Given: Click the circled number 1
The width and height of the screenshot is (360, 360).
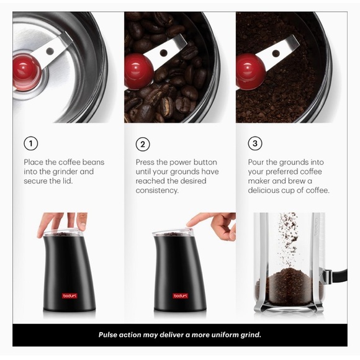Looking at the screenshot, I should point(31,144).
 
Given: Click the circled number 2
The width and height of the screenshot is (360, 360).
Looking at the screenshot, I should point(143,144).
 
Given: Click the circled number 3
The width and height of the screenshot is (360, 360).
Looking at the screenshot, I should point(254,144).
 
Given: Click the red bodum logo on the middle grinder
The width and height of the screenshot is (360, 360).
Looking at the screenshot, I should point(181,295).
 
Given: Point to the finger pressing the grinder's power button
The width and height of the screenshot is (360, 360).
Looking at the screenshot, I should point(197,220).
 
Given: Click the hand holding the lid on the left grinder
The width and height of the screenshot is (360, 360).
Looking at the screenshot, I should point(62,222).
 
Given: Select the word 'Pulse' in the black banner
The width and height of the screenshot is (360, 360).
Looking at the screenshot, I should point(110,335).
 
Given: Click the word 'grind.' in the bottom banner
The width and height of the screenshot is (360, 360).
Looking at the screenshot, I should point(250,335).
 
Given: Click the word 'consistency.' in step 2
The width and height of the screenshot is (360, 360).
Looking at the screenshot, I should point(157,191).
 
